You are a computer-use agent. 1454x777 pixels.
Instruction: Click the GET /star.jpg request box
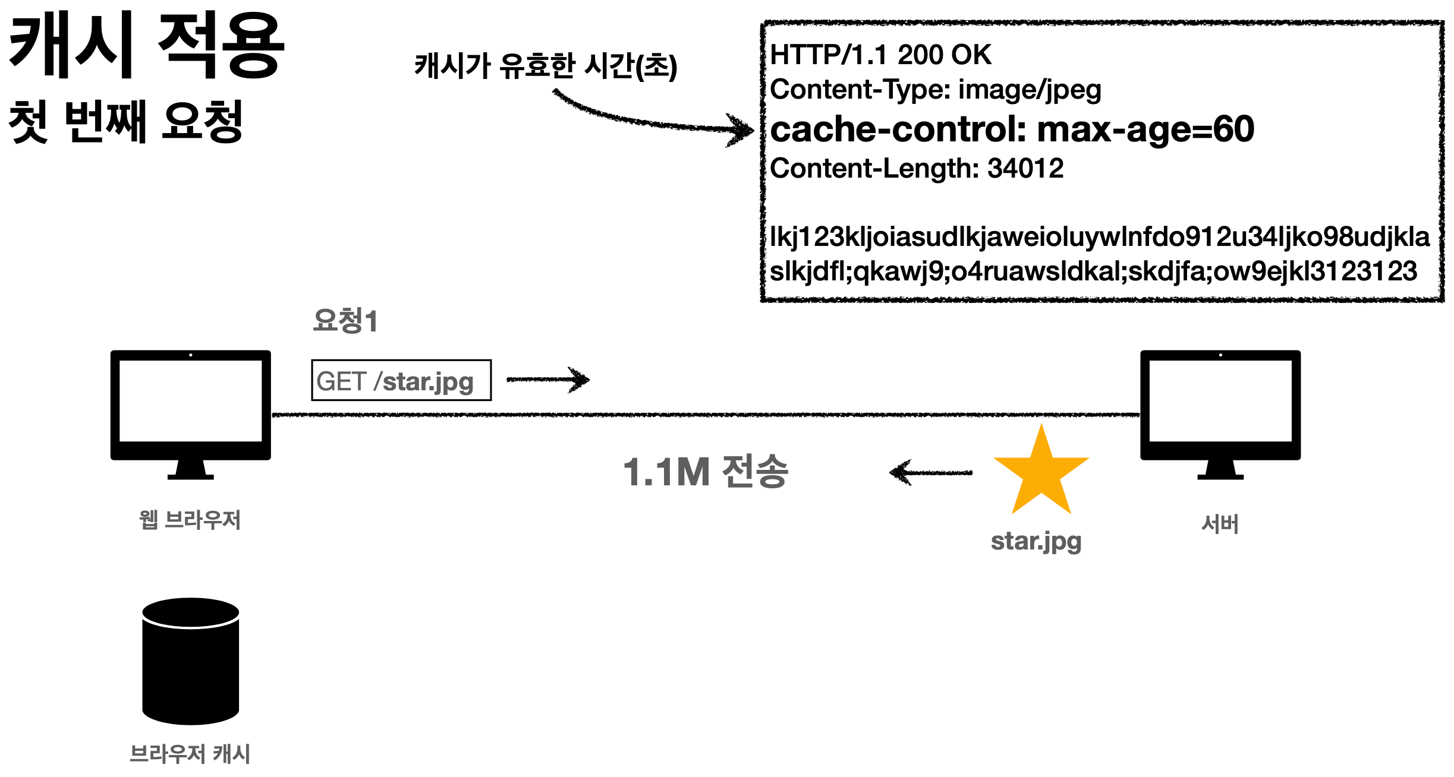401,380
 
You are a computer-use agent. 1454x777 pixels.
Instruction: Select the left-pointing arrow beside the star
930,473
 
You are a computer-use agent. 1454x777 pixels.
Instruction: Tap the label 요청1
345,321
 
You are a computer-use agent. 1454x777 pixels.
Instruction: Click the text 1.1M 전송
706,472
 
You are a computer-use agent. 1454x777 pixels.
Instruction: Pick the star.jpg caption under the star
1036,541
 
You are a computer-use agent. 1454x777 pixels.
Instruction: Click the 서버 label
1220,524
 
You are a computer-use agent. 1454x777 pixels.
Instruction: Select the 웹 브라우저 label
190,520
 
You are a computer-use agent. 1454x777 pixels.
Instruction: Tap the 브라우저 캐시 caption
190,754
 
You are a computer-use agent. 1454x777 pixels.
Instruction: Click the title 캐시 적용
146,46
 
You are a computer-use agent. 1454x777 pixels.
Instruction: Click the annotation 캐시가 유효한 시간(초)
546,65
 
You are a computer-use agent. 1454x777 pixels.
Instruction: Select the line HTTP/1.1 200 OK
880,55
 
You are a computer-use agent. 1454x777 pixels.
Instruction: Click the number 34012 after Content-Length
1025,168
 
